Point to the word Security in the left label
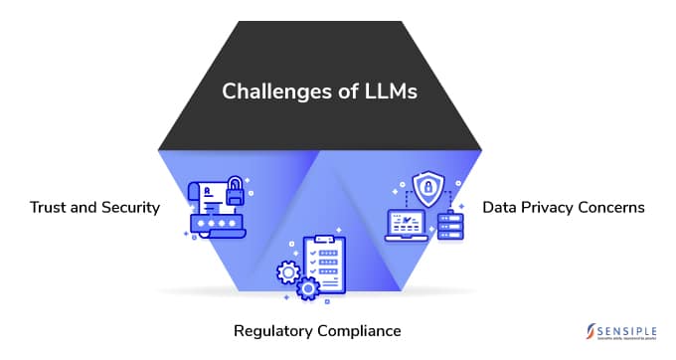pos(128,208)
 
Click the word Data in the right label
pos(500,208)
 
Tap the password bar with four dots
pos(219,224)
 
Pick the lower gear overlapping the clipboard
pos(307,289)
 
